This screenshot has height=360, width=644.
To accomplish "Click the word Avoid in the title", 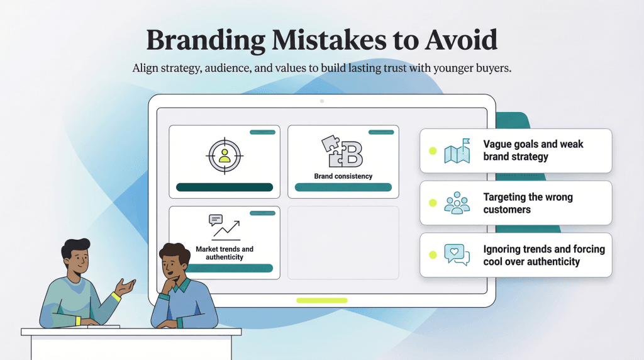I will pyautogui.click(x=461, y=40).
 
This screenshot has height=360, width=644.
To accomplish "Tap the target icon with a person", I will pyautogui.click(x=225, y=155).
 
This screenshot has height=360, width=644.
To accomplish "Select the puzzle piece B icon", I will pyautogui.click(x=343, y=152).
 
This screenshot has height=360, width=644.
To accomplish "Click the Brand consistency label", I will pyautogui.click(x=343, y=176).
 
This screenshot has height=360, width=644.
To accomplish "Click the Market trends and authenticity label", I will pyautogui.click(x=225, y=253).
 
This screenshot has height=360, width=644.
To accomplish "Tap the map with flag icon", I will pyautogui.click(x=457, y=151).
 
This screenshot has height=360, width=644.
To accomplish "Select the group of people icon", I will pyautogui.click(x=457, y=203).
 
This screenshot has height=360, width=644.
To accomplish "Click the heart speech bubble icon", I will pyautogui.click(x=457, y=255).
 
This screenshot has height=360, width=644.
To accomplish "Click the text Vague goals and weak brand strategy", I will pyautogui.click(x=533, y=150).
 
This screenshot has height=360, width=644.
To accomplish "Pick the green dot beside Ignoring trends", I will pyautogui.click(x=432, y=255).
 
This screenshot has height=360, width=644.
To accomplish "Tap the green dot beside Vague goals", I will pyautogui.click(x=432, y=151).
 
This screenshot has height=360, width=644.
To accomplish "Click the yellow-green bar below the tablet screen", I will pyautogui.click(x=321, y=300).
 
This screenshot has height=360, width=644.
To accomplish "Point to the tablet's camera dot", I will pyautogui.click(x=322, y=101).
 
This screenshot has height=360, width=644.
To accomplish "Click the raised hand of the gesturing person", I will pyautogui.click(x=128, y=287).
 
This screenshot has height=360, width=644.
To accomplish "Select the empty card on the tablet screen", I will pyautogui.click(x=343, y=242).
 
